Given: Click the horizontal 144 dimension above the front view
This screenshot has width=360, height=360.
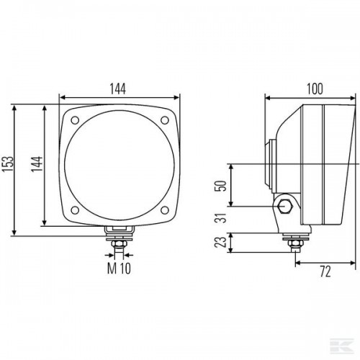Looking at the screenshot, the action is click(x=118, y=89).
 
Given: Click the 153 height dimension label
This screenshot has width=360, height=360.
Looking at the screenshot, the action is click(x=7, y=164).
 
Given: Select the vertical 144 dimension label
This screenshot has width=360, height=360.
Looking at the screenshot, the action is click(x=37, y=164).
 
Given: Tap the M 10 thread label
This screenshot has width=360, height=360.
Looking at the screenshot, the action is click(x=119, y=269).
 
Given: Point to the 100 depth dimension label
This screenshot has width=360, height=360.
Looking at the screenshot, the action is click(x=315, y=89).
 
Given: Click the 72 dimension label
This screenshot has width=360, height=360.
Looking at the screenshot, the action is click(x=325, y=271).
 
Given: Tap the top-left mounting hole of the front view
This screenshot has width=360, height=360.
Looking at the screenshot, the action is click(x=75, y=120).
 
